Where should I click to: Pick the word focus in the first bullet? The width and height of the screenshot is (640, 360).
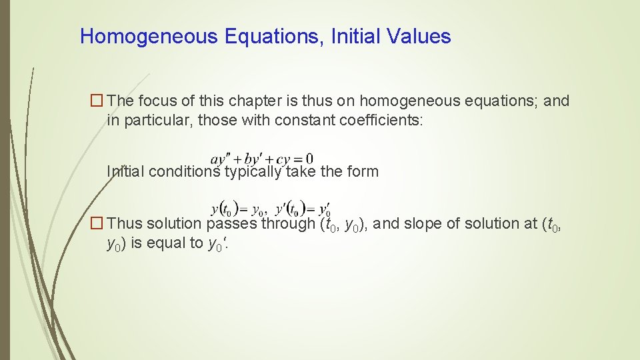click(156, 101)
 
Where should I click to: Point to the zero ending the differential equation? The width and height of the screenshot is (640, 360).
click(309, 159)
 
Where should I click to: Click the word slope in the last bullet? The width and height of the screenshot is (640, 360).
click(439, 223)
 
